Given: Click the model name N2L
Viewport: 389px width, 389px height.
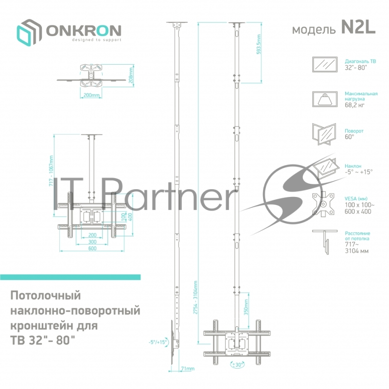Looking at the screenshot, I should coord(358,29).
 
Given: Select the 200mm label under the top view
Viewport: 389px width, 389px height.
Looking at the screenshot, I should coord(91,95).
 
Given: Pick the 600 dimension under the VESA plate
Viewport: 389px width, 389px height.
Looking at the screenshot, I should coord(92,248).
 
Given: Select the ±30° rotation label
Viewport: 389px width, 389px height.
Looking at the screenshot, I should coord(237,364).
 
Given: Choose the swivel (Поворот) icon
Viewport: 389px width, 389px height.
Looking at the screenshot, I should coord(324,134).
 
